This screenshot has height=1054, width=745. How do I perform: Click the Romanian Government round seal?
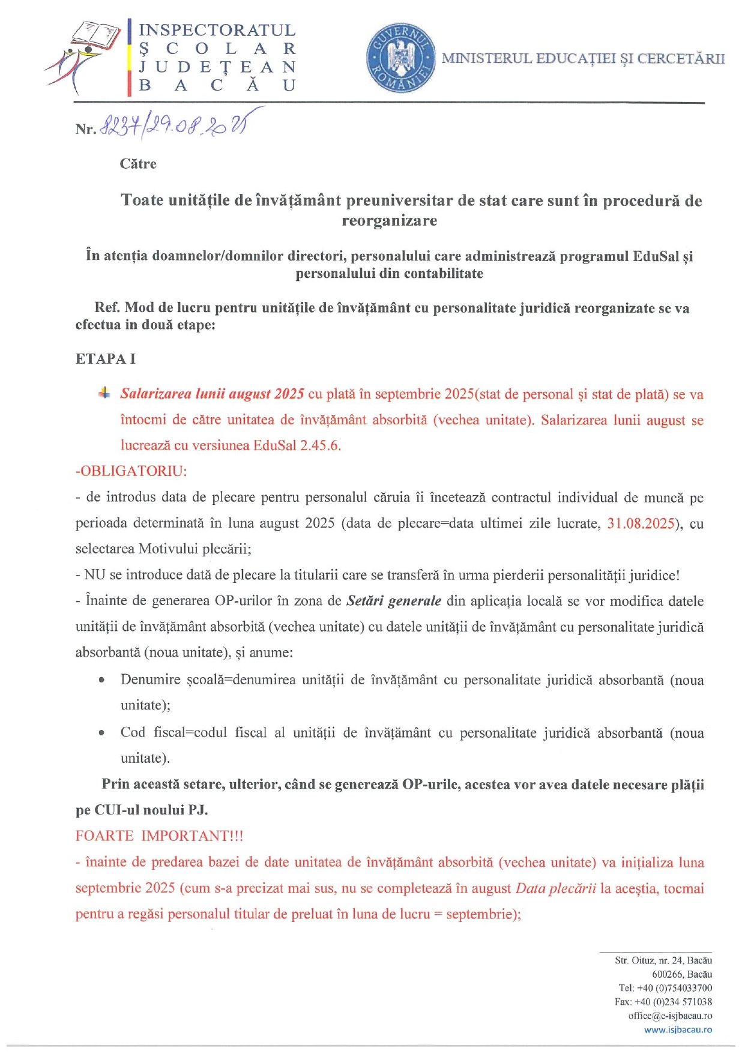point(401,59)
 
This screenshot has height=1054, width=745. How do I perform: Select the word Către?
point(138,164)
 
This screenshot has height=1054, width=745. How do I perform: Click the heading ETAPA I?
point(106,359)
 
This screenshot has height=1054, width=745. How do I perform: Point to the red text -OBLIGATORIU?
point(131,471)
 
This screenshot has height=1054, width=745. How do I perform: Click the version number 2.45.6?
point(320,445)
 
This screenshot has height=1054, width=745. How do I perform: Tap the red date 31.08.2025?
point(641,523)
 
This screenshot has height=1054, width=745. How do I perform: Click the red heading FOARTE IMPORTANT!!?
point(159,836)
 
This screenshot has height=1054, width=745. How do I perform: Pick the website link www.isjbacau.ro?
point(678,1030)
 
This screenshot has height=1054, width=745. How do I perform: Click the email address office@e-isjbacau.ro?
point(670,1016)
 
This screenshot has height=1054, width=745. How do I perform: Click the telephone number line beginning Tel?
point(665,988)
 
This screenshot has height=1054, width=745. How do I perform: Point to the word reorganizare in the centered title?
point(389,221)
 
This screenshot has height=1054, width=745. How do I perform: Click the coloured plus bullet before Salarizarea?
point(104,393)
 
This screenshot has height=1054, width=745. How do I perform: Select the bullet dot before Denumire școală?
point(102,681)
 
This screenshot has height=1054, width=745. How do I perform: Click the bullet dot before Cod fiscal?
point(102,733)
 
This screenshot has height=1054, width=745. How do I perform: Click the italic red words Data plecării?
point(555,888)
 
